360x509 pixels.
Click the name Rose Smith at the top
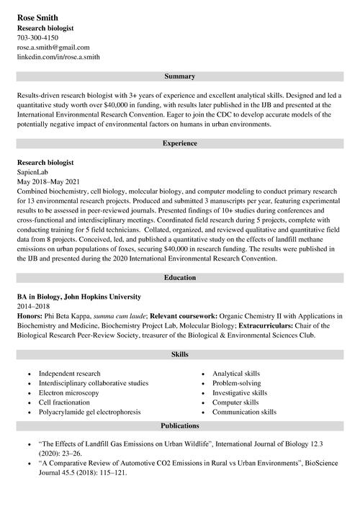[38, 17]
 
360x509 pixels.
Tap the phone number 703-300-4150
[38, 37]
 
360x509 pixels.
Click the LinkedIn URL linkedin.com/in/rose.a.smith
[58, 56]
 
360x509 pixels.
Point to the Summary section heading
[179, 76]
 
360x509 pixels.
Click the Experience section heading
[179, 143]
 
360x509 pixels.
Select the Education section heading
[179, 277]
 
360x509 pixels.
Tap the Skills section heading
[179, 355]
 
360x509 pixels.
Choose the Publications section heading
[179, 425]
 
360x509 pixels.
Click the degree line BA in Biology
[78, 297]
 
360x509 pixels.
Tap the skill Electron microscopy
[69, 393]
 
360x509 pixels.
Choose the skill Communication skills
[244, 412]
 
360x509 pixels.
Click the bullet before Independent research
[28, 374]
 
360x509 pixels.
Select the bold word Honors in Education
[30, 315]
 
